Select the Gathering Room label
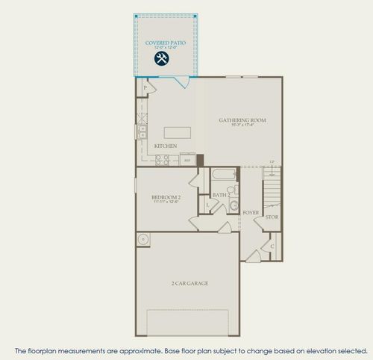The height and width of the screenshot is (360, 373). pos(242,120)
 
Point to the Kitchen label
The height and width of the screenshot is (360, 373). pos(165,146)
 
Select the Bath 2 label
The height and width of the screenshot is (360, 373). pos(219,196)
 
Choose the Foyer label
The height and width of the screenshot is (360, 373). pos(251,213)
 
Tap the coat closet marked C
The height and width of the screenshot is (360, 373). pos(272,245)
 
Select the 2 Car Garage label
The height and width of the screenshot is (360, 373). pos(188,284)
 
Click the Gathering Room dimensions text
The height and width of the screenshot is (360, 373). pos(242,125)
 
